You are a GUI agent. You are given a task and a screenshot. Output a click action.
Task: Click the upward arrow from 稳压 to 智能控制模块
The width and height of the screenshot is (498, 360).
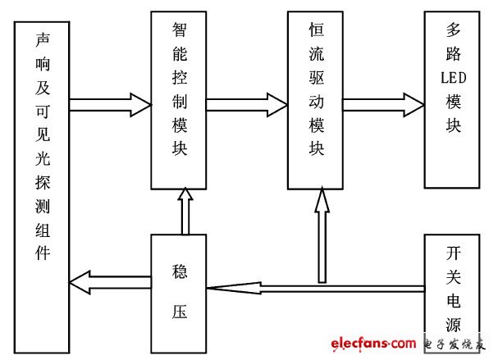185,211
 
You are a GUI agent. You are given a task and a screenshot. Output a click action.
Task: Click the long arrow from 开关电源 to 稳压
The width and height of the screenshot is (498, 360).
315,288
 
